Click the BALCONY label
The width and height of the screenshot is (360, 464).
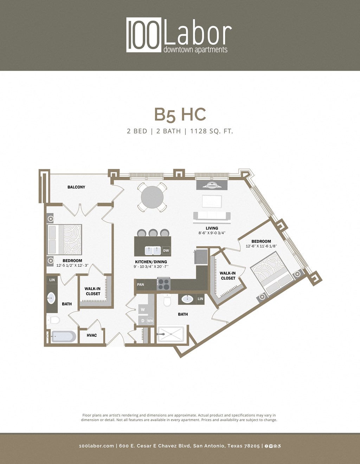click(76, 187)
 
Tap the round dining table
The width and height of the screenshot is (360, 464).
click(152, 197)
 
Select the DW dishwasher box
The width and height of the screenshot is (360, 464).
click(166, 250)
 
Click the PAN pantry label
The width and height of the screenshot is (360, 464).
click(140, 285)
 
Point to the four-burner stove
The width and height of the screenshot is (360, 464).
click(163, 284)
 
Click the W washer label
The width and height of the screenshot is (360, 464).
click(143, 310)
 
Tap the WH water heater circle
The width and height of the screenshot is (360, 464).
click(150, 321)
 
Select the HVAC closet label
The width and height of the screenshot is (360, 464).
click(92, 335)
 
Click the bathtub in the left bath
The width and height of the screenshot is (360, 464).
click(64, 336)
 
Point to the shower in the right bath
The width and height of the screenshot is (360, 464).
click(171, 334)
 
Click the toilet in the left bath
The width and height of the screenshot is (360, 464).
click(54, 320)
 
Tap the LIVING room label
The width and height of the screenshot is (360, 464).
click(212, 228)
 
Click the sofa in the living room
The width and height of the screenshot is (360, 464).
click(212, 216)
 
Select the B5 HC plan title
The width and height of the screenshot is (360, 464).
click(180, 115)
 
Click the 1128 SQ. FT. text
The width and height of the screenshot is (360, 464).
click(211, 131)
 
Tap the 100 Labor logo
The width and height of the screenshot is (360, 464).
click(179, 35)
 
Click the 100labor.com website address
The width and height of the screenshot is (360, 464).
click(96, 446)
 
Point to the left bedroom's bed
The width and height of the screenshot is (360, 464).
click(65, 240)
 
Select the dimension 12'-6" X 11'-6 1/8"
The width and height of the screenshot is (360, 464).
click(261, 246)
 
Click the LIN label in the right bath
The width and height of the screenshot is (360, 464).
click(200, 299)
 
